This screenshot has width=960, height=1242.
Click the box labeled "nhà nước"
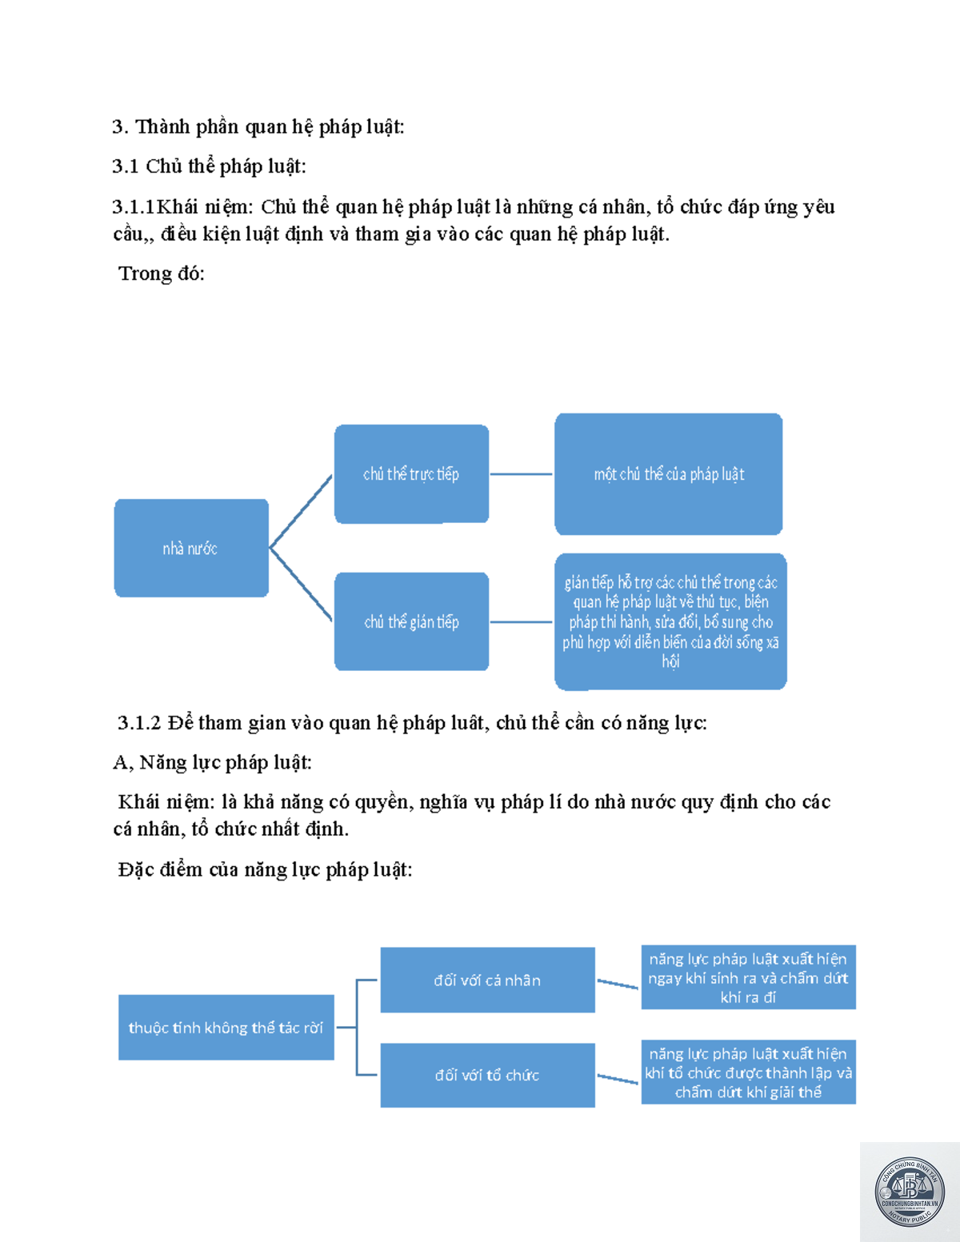pos(191,548)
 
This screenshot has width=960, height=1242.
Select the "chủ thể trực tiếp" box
pos(412,473)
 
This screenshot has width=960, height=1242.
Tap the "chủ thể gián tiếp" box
pos(412,621)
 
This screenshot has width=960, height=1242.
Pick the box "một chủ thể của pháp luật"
pos(668,473)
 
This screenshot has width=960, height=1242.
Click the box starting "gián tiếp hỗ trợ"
pos(670,621)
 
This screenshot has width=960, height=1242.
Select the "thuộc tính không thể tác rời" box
pos(226,1027)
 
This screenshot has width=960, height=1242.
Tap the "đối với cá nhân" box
pos(488,980)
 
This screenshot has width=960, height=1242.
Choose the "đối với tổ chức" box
pos(488,1075)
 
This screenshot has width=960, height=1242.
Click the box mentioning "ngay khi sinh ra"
pos(749,977)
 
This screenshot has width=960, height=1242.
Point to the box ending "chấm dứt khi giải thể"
pos(749,1072)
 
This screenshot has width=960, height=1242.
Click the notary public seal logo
pos(910,1192)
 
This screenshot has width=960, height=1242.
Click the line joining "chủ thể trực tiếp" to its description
pos(521,473)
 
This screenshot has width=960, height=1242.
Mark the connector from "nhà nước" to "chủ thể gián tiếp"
pos(301,584)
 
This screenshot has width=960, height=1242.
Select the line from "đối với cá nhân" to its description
pos(618,984)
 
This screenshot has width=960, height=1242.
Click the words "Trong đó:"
pos(162,274)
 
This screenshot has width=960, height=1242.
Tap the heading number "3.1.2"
pos(139,723)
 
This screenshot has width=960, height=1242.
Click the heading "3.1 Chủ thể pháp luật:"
pos(210,166)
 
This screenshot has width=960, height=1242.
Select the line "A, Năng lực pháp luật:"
pos(212,762)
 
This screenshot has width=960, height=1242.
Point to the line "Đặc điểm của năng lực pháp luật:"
pos(266,869)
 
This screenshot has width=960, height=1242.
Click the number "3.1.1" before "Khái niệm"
pos(134,206)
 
